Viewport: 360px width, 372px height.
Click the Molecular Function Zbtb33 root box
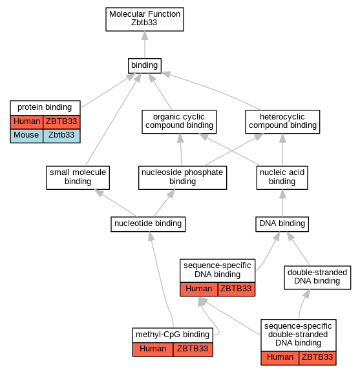click(145, 19)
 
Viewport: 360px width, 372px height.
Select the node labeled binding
click(145, 66)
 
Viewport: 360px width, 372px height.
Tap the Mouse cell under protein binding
click(26, 136)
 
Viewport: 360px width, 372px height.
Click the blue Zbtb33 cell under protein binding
click(61, 136)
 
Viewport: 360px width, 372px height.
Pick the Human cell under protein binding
click(26, 122)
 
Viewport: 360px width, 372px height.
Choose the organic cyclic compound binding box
click(179, 121)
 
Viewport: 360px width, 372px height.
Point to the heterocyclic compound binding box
click(282, 121)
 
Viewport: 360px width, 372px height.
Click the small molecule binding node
click(78, 178)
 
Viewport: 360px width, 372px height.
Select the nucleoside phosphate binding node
click(183, 178)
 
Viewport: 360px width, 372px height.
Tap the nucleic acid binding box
click(282, 178)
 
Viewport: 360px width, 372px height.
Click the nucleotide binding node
click(148, 224)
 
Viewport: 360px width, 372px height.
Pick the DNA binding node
click(282, 224)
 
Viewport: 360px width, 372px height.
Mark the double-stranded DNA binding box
click(317, 278)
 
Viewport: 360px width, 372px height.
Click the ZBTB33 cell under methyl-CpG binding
click(193, 349)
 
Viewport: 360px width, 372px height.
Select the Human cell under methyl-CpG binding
click(153, 349)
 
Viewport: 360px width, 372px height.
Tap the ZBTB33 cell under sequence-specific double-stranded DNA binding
click(317, 358)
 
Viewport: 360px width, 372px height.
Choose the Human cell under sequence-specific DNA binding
click(199, 289)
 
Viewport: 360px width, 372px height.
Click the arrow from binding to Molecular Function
click(145, 45)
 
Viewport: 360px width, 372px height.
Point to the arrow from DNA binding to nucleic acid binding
click(282, 203)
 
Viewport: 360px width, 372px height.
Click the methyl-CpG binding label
click(173, 335)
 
